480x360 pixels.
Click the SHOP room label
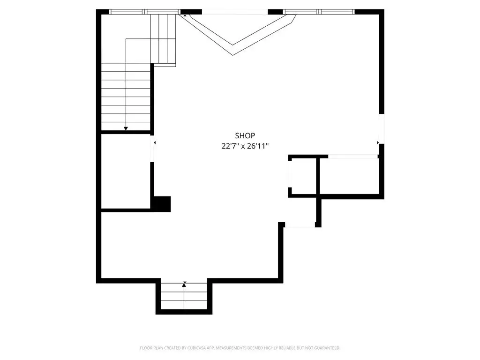pos(245,135)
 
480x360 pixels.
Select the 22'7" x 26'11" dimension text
pos(245,146)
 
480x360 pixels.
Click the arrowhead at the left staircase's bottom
pos(126,128)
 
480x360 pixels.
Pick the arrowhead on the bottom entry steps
pos(184,285)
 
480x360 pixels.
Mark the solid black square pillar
pos(162,204)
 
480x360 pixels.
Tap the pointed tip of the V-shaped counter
pos(232,55)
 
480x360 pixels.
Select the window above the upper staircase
pos(144,12)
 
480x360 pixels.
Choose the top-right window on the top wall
pos(319,12)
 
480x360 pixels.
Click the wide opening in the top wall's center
pos(235,12)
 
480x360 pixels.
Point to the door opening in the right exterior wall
pos(382,129)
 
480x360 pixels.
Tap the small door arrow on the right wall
pos(378,142)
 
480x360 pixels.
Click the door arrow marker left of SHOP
pos(155,142)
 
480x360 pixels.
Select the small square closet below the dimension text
pos(304,176)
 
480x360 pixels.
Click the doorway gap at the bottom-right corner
pos(300,225)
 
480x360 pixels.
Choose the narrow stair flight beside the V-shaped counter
pos(163,38)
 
